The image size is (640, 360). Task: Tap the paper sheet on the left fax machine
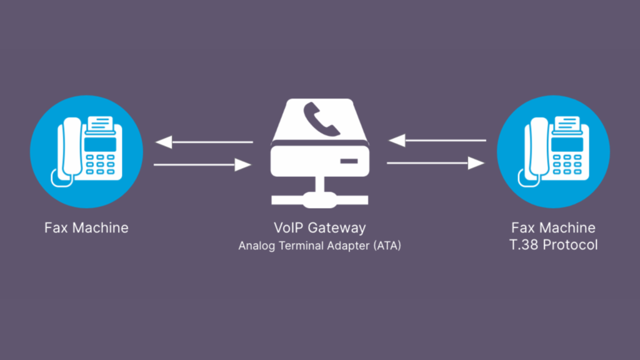100,123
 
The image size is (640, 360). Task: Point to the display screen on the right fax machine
567,144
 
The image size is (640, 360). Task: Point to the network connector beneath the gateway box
319,199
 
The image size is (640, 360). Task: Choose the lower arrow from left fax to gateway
203,165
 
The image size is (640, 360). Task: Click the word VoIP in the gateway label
288,227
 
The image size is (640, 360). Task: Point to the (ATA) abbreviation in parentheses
387,246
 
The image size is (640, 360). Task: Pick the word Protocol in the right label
570,245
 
